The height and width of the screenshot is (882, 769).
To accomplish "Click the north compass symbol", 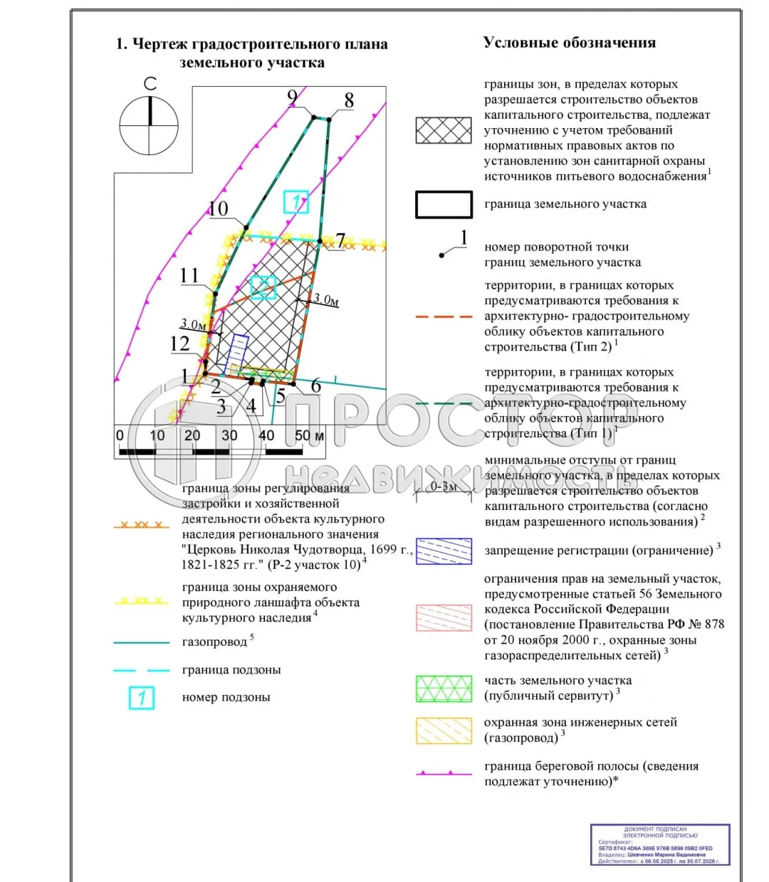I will pos(149,125).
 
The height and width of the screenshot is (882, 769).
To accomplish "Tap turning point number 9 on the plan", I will pos(292,98).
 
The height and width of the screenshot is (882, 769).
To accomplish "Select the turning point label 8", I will pos(349,101).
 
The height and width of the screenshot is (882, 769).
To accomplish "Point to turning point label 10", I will pos(218,208).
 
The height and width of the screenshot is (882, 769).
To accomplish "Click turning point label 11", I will pos(189,275).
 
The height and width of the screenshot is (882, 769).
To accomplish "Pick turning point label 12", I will pos(179,344).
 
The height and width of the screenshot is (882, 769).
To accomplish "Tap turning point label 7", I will pos(340,241).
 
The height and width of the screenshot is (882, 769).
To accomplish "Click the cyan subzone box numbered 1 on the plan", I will pos(295,202).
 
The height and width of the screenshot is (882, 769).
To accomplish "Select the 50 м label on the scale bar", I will pos(309,435).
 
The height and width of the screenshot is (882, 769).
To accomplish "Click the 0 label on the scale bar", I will pos(120,435).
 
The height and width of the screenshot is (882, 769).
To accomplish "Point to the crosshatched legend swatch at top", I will pos(444,131).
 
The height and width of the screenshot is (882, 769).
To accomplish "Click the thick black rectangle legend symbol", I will pos(444,204).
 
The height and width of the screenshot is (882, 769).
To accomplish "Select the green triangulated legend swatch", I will pos(444,689).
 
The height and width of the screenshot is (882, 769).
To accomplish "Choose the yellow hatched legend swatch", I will pos(444,730).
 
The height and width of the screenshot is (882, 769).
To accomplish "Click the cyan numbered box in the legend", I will pos(142,698).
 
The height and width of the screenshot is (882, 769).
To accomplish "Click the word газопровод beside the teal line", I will pos(214,642).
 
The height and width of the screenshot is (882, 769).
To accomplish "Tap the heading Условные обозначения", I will pos(569,43).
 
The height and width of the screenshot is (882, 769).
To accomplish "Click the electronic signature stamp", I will pos(660,844).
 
